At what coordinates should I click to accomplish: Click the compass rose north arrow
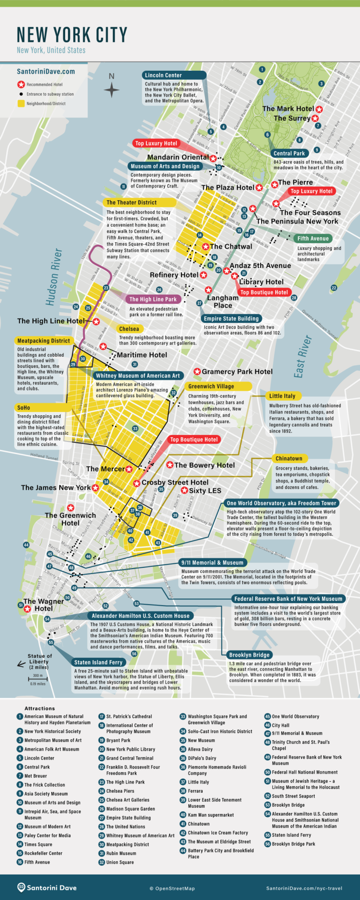coord(112,90)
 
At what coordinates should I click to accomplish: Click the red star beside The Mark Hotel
coord(319,109)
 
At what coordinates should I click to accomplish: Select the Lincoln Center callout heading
coord(163,75)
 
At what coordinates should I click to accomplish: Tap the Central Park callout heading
coord(289,153)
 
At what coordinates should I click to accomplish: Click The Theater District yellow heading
coord(131,203)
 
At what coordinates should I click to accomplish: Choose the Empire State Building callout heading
coord(231,319)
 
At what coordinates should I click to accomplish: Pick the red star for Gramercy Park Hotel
coord(197,372)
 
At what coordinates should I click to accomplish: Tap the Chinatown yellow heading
coord(289,458)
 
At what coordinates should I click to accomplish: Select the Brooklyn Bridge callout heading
coord(249,655)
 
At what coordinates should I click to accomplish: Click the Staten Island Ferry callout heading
coord(99,662)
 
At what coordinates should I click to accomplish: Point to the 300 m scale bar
coord(37,679)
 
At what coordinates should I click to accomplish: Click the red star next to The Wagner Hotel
coord(27,609)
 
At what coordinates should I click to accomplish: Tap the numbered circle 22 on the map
coord(334,288)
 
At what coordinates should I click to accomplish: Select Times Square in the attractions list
coord(38,844)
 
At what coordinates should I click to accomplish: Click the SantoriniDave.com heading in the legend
coord(46,72)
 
